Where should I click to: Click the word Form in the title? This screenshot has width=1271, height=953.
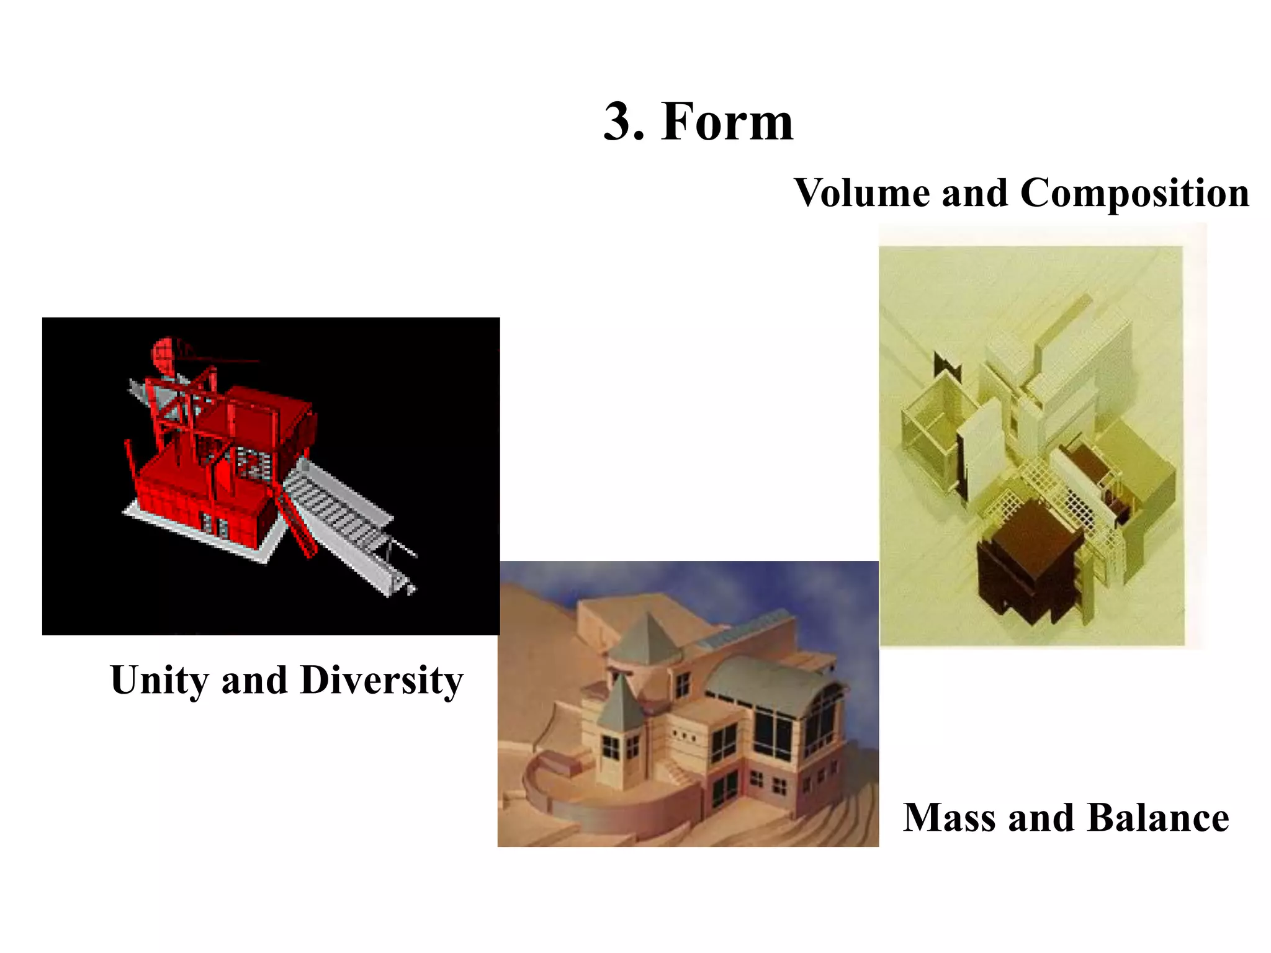727,122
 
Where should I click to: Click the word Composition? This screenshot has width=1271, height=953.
1134,194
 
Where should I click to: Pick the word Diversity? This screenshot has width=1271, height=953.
382,681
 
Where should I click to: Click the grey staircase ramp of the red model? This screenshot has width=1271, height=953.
338,509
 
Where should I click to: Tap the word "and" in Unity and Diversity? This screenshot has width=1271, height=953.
254,681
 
